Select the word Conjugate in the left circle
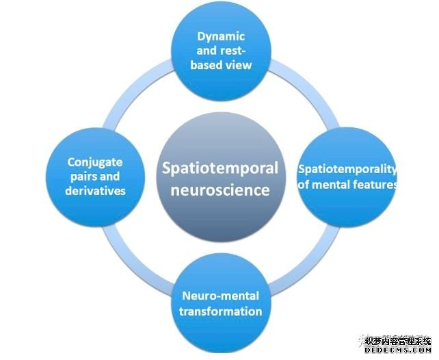95,162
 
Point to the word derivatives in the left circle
96,190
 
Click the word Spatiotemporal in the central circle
219,167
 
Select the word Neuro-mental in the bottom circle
220,296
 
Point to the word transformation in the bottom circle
220,311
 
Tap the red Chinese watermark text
397,339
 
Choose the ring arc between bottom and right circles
308,263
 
